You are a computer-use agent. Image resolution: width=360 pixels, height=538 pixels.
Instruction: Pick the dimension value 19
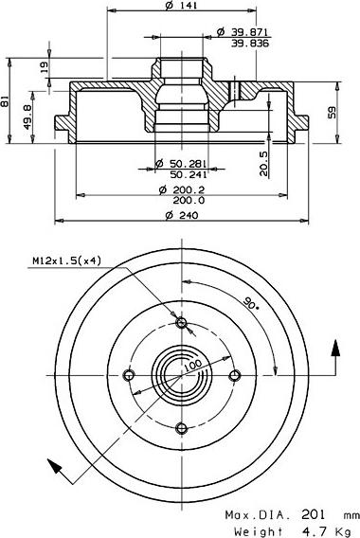coord(45,67)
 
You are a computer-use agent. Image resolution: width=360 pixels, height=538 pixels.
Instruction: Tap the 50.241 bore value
coord(189,174)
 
